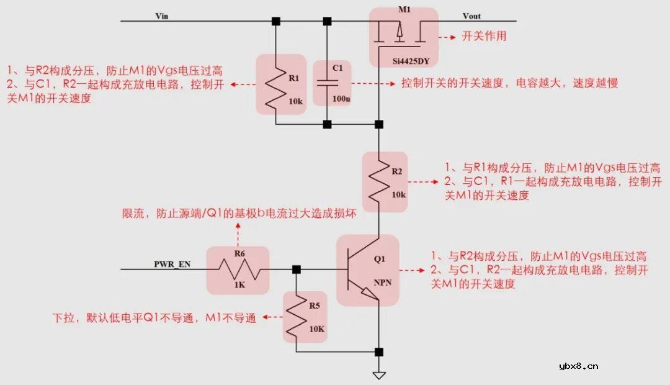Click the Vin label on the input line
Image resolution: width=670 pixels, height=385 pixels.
[162, 16]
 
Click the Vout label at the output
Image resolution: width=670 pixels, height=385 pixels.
[471, 16]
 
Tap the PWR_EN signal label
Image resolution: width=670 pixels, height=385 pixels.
[172, 264]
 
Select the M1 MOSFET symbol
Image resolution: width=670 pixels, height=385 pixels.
[401, 34]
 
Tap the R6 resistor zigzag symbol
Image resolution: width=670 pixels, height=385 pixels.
[238, 269]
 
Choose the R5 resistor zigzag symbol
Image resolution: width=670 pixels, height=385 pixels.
[297, 316]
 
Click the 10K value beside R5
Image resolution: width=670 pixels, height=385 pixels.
[316, 328]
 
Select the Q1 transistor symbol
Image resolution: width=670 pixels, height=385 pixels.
[362, 269]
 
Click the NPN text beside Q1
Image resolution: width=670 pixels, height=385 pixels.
[383, 283]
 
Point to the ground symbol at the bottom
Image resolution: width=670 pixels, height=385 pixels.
[378, 374]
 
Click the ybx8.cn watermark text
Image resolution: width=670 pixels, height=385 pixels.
[578, 366]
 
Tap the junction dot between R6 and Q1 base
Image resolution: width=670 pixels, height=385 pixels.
[297, 269]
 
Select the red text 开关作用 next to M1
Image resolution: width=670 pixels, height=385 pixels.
[484, 36]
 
